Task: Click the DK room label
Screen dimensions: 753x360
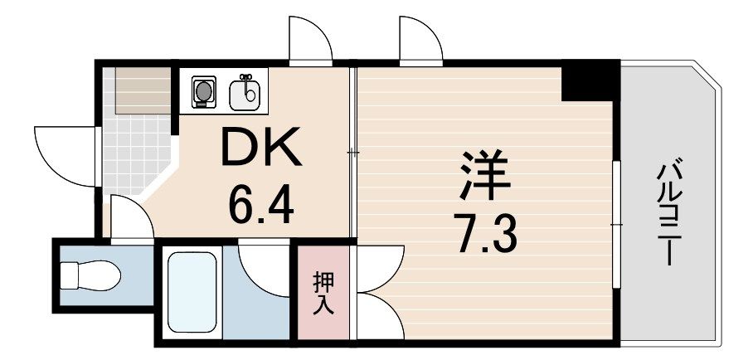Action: pos(261,146)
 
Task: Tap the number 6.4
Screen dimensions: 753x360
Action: pos(260,205)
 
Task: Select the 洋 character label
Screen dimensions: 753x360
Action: pos(484,175)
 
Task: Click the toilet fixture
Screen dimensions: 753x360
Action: pos(90,275)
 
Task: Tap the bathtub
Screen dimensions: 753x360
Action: pos(192,292)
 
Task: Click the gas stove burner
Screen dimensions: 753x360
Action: pos(204,91)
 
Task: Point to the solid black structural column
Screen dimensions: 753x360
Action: pos(590,80)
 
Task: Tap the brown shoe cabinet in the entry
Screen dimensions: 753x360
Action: pos(143,91)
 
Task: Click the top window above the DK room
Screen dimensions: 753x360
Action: pos(311,41)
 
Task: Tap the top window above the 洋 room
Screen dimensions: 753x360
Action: pos(421,41)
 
